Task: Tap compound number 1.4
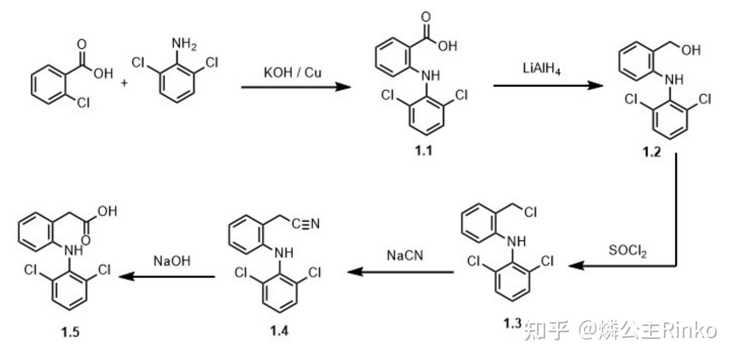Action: click(x=280, y=330)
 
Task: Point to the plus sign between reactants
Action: click(x=124, y=83)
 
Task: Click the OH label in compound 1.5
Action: click(x=108, y=211)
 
